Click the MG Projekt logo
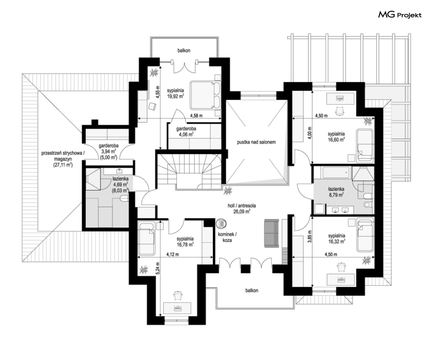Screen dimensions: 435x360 (400, 14)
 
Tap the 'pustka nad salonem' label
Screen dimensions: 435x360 (256, 142)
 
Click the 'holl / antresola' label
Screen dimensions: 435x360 (242, 206)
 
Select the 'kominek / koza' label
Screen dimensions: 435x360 (227, 237)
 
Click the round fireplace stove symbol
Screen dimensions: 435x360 (221, 223)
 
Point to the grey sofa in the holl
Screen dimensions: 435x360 (271, 233)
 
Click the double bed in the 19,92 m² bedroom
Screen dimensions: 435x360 (205, 95)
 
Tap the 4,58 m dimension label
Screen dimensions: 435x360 (196, 116)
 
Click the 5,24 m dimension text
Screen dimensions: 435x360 (157, 268)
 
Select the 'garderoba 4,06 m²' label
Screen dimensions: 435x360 (186, 131)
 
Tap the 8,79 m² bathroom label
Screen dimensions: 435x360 (336, 192)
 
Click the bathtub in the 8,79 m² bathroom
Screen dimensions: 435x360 (336, 172)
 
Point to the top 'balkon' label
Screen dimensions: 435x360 (184, 51)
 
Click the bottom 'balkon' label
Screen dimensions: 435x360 (251, 290)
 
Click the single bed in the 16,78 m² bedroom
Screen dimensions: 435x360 (146, 238)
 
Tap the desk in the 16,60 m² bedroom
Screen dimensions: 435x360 (340, 98)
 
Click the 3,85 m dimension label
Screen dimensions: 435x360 (310, 237)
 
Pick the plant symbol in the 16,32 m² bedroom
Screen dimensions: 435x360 (367, 261)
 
